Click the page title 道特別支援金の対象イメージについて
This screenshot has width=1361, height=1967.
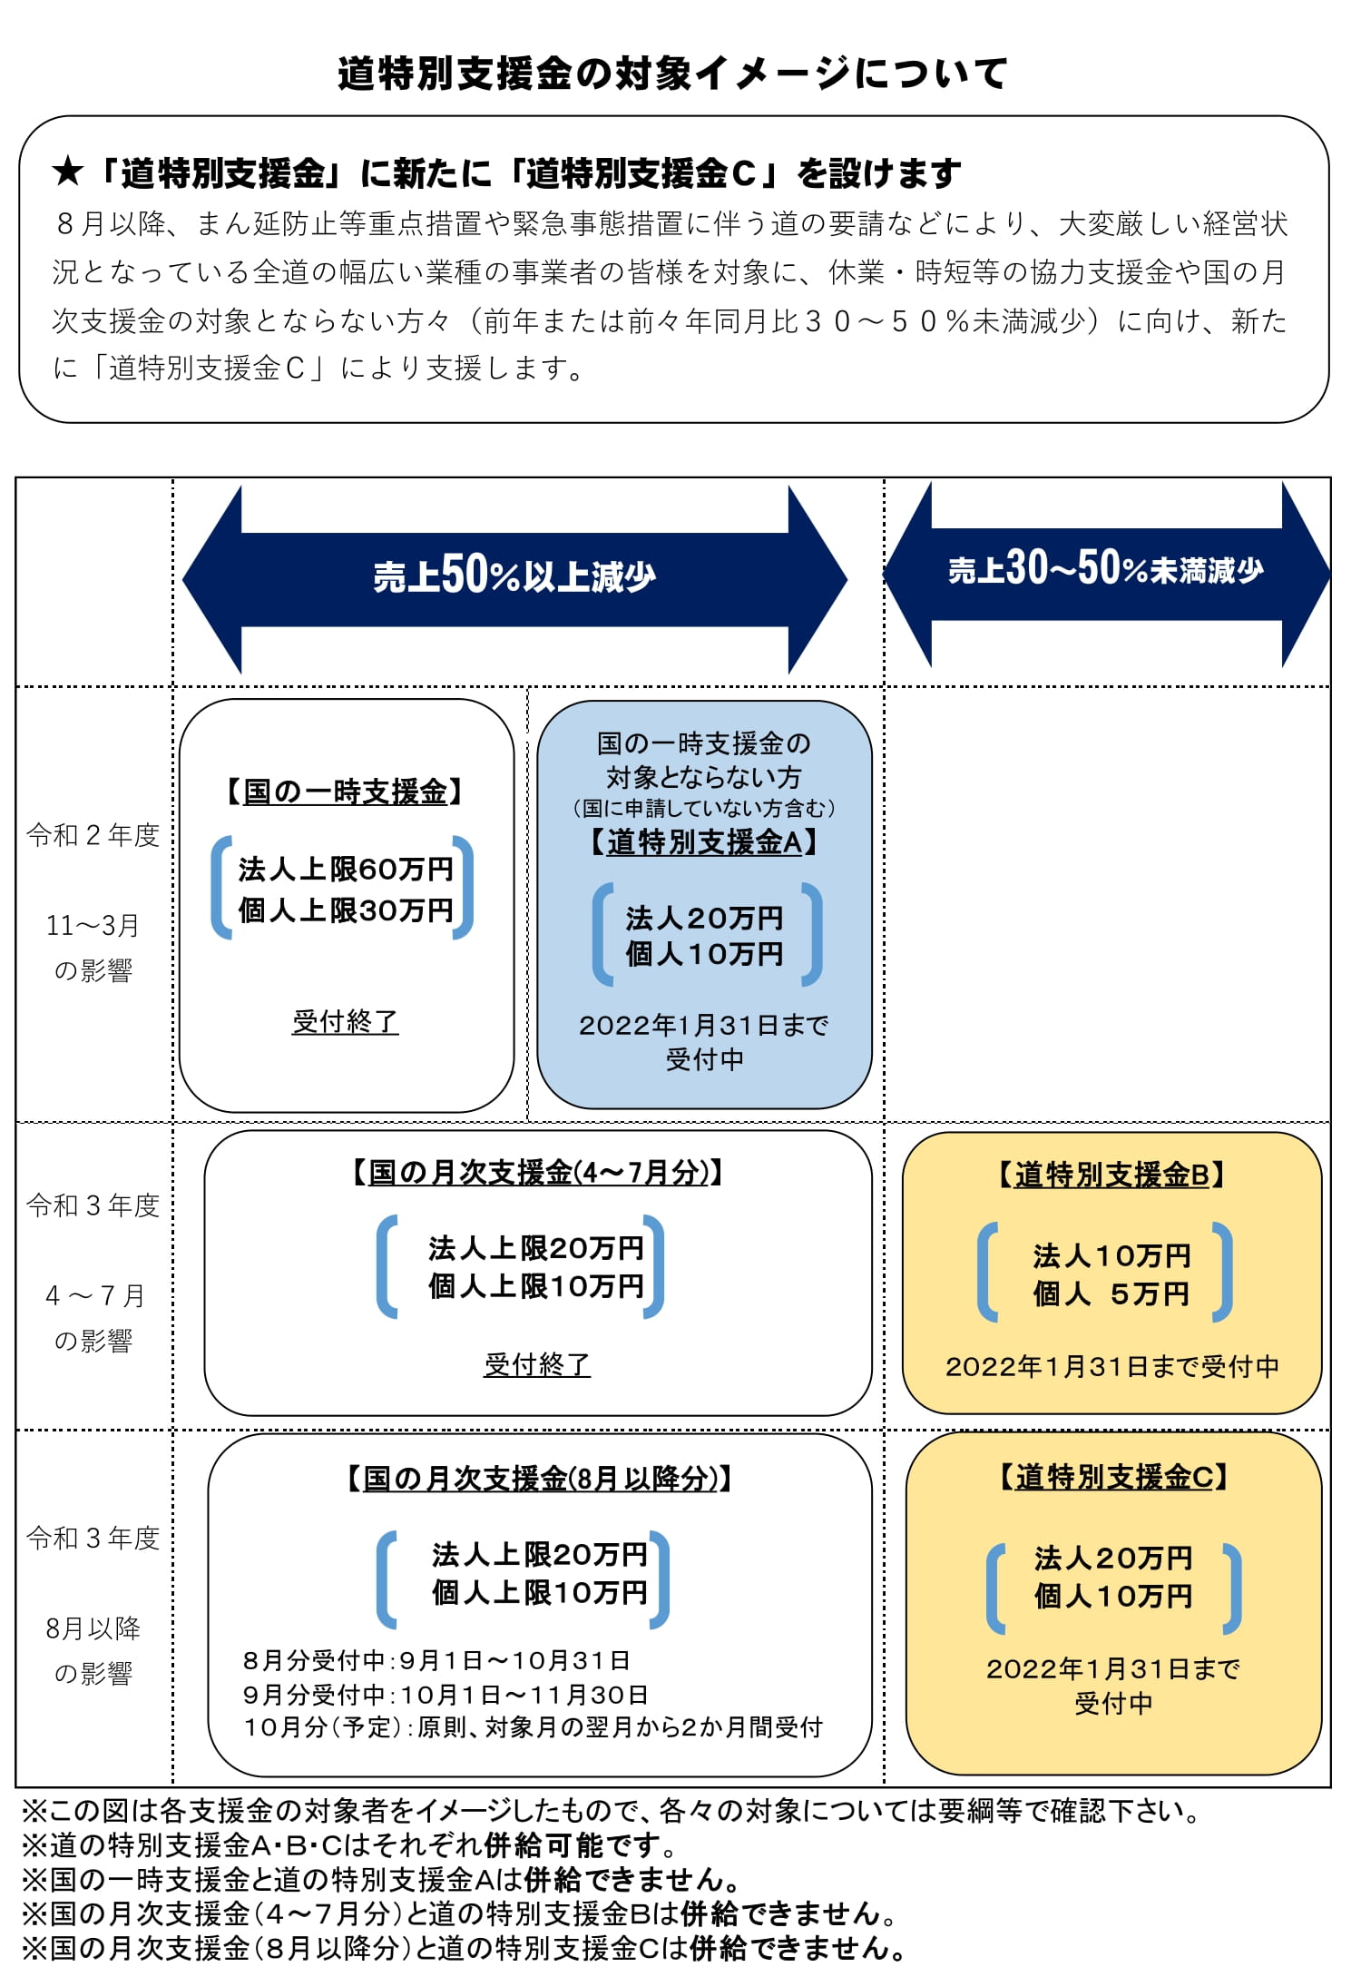click(672, 74)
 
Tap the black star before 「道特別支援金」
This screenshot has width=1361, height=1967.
click(68, 171)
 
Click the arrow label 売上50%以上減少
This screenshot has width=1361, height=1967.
click(514, 575)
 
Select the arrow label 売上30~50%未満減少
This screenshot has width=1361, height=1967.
click(1105, 569)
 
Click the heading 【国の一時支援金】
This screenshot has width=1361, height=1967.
click(345, 792)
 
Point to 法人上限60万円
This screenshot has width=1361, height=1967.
click(346, 869)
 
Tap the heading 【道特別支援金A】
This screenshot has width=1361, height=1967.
click(704, 841)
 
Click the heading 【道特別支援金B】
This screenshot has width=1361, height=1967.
click(1111, 1175)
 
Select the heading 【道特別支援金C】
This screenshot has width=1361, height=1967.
click(1113, 1477)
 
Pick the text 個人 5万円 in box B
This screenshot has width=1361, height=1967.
click(1111, 1293)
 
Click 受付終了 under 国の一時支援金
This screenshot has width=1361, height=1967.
click(346, 1021)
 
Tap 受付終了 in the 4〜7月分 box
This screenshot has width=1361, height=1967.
click(537, 1364)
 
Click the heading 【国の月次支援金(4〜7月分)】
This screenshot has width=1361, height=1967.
click(537, 1173)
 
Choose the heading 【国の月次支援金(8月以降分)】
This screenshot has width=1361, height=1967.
click(539, 1479)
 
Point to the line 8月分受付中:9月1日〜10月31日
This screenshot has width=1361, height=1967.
click(436, 1660)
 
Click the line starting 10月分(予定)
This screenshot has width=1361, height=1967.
click(533, 1726)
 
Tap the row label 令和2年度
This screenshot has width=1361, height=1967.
click(93, 835)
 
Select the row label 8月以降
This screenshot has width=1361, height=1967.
click(93, 1628)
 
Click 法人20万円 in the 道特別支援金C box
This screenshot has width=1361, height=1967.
click(1113, 1558)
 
